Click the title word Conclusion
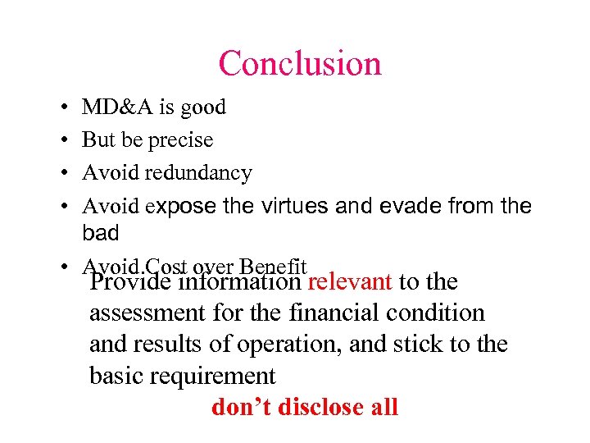(300, 64)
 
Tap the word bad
(100, 234)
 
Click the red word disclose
(324, 407)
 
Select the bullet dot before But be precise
(63, 141)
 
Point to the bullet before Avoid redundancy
(63, 174)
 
